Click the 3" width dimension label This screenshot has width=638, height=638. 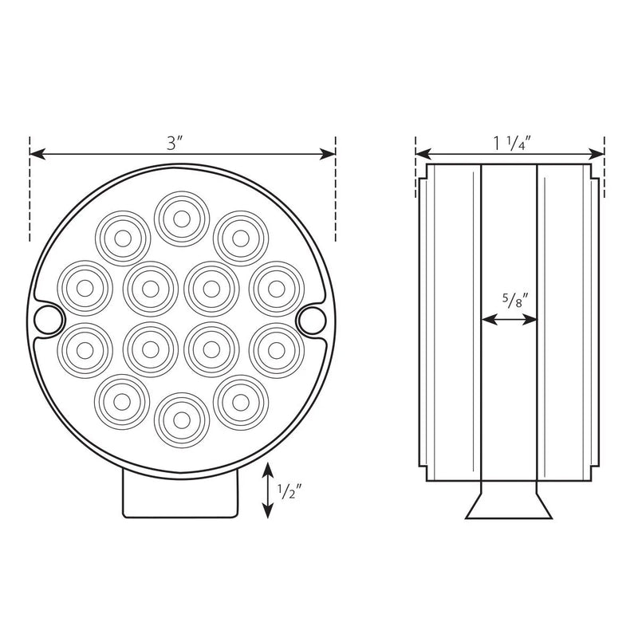[x=175, y=144]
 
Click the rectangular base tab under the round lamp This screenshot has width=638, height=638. [x=182, y=495]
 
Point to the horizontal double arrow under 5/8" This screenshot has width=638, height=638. [x=510, y=320]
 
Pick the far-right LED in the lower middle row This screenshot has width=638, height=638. [x=276, y=349]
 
